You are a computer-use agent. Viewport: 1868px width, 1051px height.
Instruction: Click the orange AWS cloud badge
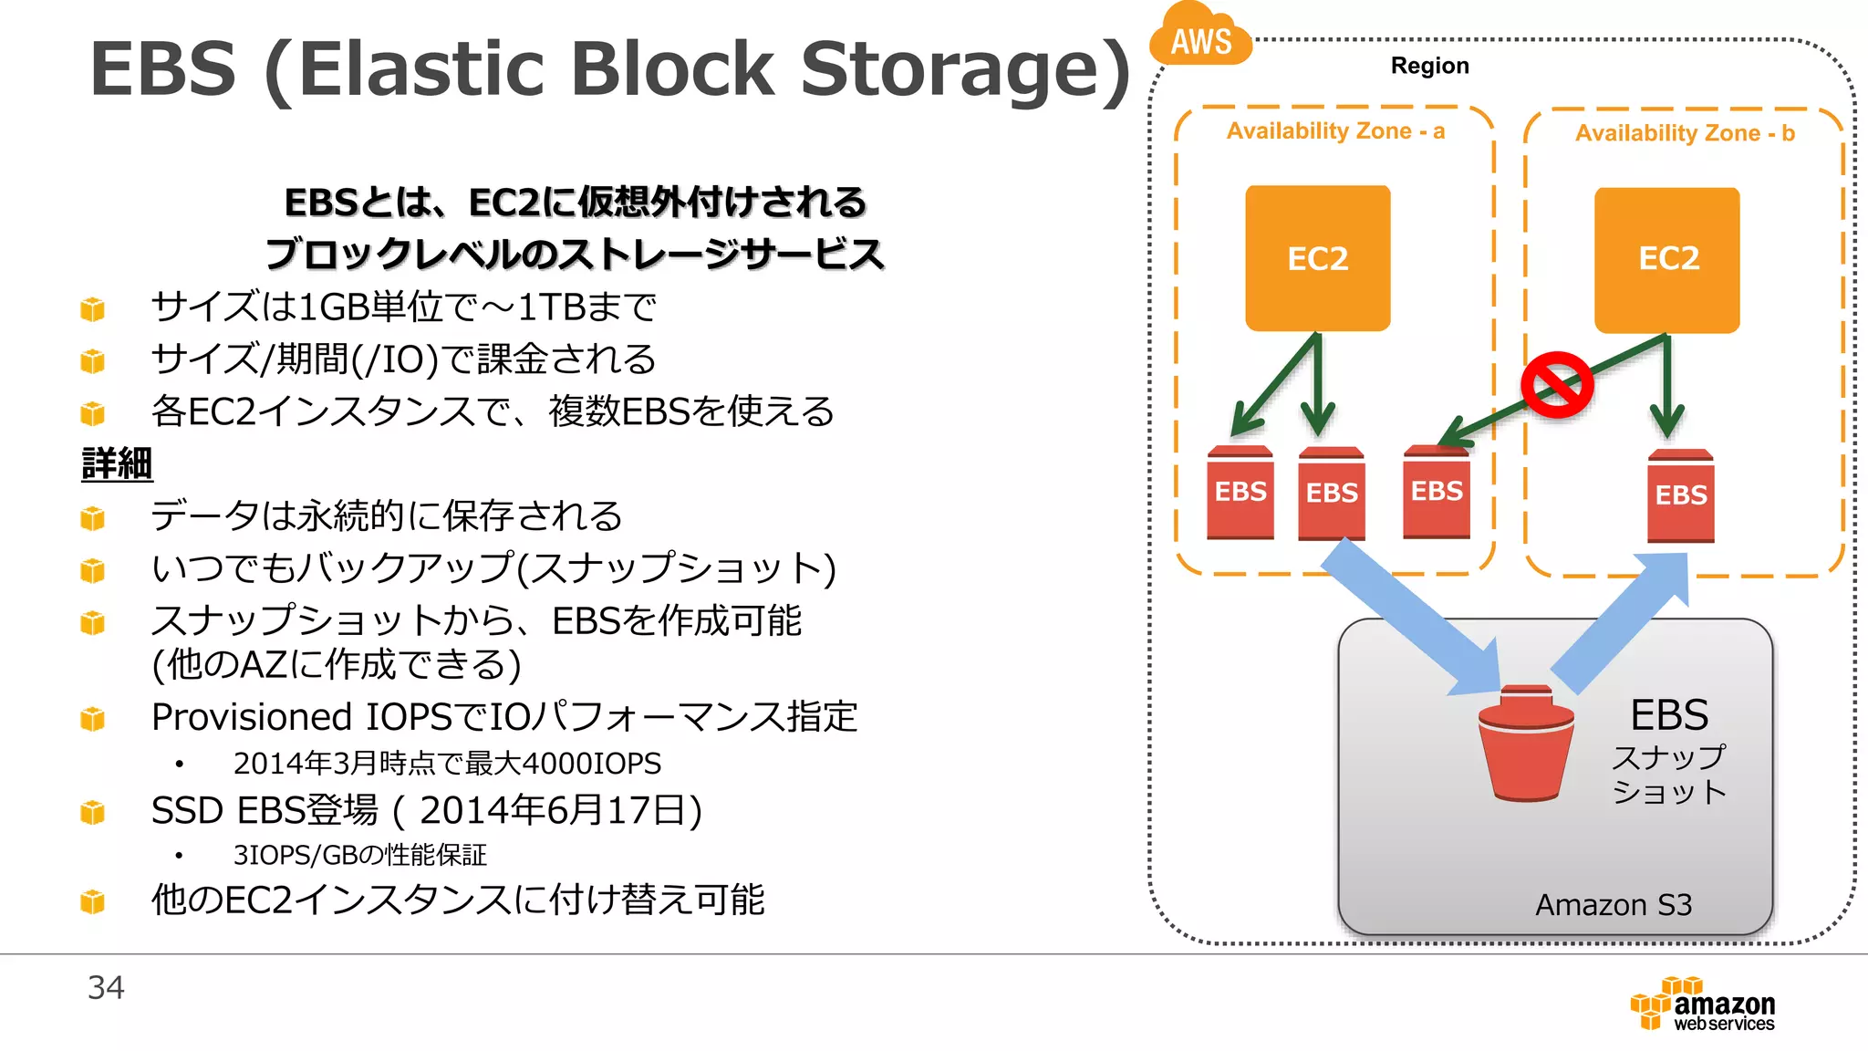click(1200, 36)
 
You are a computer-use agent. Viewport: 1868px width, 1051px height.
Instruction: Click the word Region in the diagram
click(1429, 66)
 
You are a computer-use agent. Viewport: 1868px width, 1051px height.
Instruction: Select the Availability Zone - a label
click(1335, 131)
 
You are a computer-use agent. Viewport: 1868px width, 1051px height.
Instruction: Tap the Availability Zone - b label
click(1685, 133)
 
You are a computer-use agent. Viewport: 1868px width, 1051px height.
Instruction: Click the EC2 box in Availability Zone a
click(1317, 258)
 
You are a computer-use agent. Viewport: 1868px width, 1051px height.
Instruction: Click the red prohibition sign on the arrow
click(1557, 385)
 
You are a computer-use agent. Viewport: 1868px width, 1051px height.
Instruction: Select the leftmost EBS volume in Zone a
click(1240, 493)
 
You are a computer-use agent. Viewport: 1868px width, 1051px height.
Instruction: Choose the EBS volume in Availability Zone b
click(1680, 495)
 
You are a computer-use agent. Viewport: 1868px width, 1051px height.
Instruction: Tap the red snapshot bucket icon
click(1526, 744)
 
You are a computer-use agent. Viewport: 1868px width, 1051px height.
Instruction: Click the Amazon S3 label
click(1613, 905)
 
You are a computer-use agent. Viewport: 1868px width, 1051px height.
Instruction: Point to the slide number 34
click(106, 987)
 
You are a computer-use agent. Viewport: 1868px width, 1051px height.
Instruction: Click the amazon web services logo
click(1703, 1004)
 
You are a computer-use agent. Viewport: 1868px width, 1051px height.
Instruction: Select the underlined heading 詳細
click(117, 463)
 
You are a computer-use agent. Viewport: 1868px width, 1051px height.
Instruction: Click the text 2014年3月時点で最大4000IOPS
click(447, 763)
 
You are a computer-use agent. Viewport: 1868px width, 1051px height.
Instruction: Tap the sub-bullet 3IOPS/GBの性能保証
click(359, 855)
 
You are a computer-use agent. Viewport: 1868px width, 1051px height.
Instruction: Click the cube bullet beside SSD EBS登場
click(92, 811)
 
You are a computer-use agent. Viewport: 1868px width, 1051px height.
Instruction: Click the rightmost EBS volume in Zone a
click(1436, 492)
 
